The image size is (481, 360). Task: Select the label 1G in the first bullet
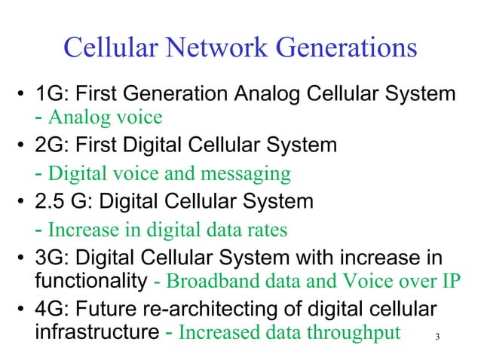[49, 96]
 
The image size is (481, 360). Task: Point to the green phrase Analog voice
[106, 117]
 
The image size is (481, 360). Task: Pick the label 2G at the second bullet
[50, 144]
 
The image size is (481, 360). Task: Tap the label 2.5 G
[63, 201]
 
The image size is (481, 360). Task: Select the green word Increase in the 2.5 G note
[81, 228]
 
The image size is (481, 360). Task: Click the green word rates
[268, 228]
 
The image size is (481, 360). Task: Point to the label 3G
[50, 258]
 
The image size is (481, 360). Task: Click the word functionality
[90, 280]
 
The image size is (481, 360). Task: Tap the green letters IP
[449, 282]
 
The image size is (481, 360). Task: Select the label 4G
[50, 310]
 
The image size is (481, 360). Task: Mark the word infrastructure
[96, 332]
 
